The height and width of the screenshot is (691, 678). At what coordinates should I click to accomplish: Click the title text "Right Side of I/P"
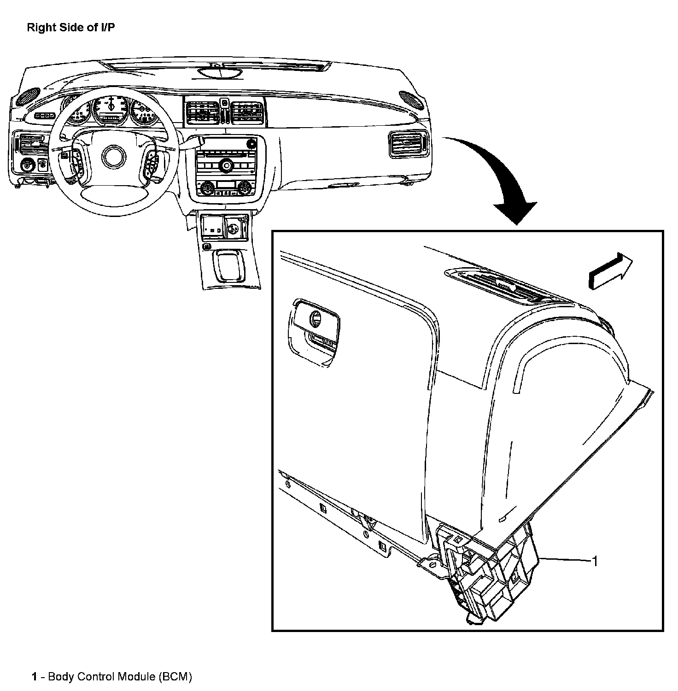coord(71,28)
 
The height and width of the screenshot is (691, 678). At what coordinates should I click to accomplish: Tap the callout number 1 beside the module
coord(595,561)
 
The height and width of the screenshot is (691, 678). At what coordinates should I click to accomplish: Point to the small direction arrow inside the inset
coord(610,273)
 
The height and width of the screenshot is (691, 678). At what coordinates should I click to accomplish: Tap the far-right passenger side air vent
coord(409,144)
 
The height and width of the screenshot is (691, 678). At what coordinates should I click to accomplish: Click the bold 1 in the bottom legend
coord(35,677)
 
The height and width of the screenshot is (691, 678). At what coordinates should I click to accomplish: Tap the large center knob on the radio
coord(226,165)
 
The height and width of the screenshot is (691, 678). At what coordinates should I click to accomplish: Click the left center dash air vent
coord(202,112)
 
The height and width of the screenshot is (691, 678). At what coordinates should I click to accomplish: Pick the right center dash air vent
coord(247,112)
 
